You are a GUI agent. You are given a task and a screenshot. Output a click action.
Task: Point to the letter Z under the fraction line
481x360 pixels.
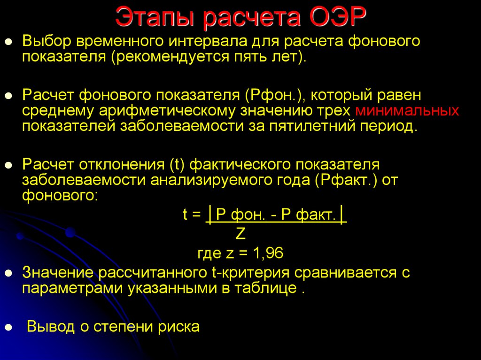point(240,234)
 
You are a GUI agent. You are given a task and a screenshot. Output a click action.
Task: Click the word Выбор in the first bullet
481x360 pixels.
point(46,41)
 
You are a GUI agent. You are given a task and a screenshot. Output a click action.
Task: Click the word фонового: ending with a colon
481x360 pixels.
point(60,195)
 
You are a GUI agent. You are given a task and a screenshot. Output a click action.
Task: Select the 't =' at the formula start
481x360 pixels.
point(192,215)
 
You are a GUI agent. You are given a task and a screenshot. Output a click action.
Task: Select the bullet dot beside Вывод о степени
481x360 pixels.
point(8,327)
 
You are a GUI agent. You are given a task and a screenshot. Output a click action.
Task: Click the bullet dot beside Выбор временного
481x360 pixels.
point(8,42)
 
